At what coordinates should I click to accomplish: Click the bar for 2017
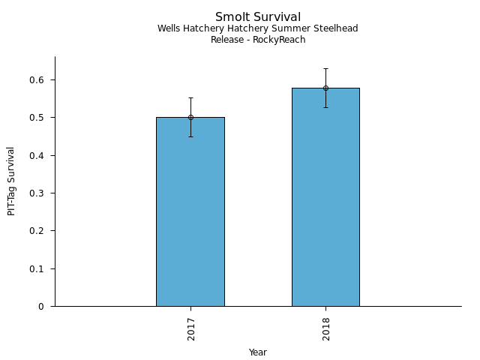(x=190, y=217)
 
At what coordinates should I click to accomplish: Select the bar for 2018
(x=325, y=202)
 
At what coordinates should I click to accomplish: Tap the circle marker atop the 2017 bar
(x=190, y=117)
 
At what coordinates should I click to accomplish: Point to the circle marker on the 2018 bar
(x=325, y=88)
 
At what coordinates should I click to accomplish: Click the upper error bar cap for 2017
(x=190, y=97)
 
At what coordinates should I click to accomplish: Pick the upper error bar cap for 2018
(x=325, y=68)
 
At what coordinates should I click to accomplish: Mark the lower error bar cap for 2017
(x=190, y=136)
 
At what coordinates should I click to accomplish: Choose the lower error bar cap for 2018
(x=325, y=107)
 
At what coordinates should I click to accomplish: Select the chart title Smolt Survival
(x=258, y=17)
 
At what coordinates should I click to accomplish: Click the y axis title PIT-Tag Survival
(x=11, y=181)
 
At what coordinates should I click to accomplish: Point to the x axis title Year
(x=258, y=352)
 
